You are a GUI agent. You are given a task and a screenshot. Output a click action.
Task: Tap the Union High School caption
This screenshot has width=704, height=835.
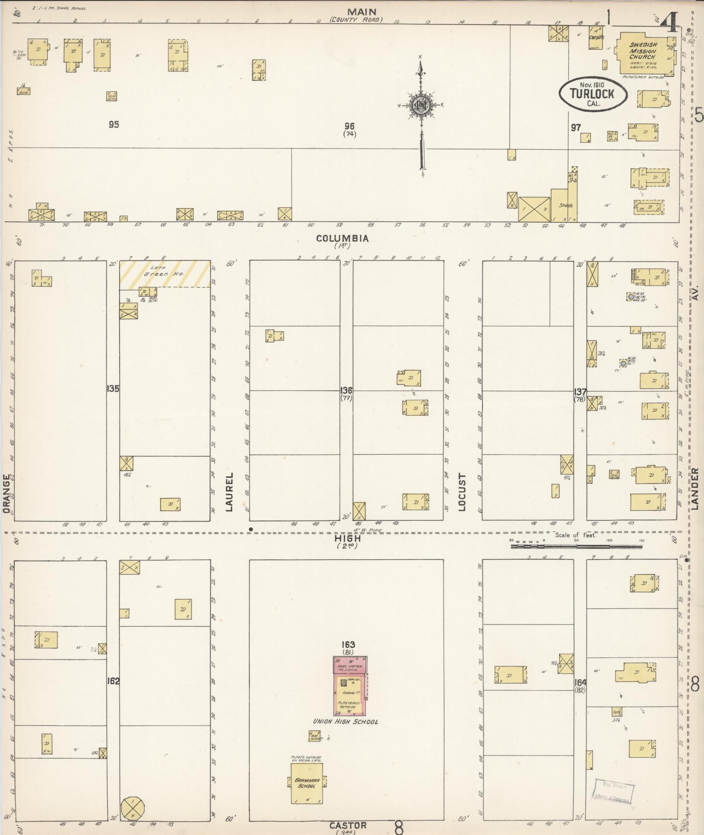[x=345, y=722]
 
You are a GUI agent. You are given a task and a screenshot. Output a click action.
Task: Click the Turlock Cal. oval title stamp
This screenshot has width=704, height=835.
[x=594, y=94]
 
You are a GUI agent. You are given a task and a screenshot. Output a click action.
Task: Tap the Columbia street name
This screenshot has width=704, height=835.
[x=343, y=239]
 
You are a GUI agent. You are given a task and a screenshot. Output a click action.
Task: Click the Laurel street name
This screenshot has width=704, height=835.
[x=230, y=491]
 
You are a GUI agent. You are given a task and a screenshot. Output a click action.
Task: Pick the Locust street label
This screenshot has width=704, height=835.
[x=462, y=491]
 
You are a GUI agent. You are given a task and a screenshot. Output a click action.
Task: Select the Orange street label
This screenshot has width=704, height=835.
[x=6, y=494]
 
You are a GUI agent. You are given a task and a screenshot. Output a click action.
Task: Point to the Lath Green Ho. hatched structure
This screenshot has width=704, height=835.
[x=165, y=274]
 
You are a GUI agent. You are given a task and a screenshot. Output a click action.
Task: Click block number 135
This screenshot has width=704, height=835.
[x=113, y=388]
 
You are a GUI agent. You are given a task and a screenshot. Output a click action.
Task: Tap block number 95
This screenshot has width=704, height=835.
[x=113, y=125]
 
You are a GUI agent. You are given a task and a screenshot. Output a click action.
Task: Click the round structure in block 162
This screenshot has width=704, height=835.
[x=132, y=808]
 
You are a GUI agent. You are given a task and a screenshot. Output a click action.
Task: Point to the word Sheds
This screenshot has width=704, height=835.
[x=565, y=205]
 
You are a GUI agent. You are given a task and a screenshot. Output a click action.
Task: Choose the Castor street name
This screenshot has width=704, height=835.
[x=348, y=825]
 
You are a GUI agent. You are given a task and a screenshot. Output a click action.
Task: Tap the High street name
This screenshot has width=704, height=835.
[x=348, y=539]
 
